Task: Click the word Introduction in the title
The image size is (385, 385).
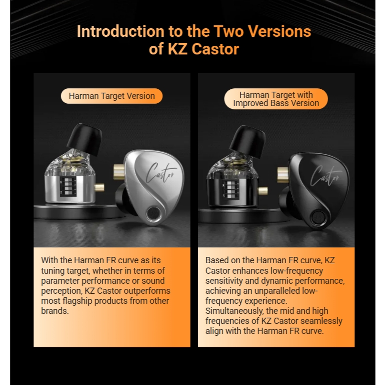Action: [120, 32]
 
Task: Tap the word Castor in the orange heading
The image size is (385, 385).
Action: [215, 49]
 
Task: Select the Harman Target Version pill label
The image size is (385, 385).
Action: [112, 96]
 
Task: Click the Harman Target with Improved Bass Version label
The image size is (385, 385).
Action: [276, 99]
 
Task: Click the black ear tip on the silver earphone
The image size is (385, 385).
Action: [84, 139]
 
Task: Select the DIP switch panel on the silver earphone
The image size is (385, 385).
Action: [68, 186]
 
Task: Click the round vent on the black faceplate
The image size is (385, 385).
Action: [318, 217]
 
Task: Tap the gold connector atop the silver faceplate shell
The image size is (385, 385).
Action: [119, 171]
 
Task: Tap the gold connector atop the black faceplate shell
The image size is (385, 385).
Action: [283, 174]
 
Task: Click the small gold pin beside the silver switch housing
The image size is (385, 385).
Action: [99, 188]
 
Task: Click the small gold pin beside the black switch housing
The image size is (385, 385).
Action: [263, 191]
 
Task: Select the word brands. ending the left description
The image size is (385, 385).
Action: [55, 311]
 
